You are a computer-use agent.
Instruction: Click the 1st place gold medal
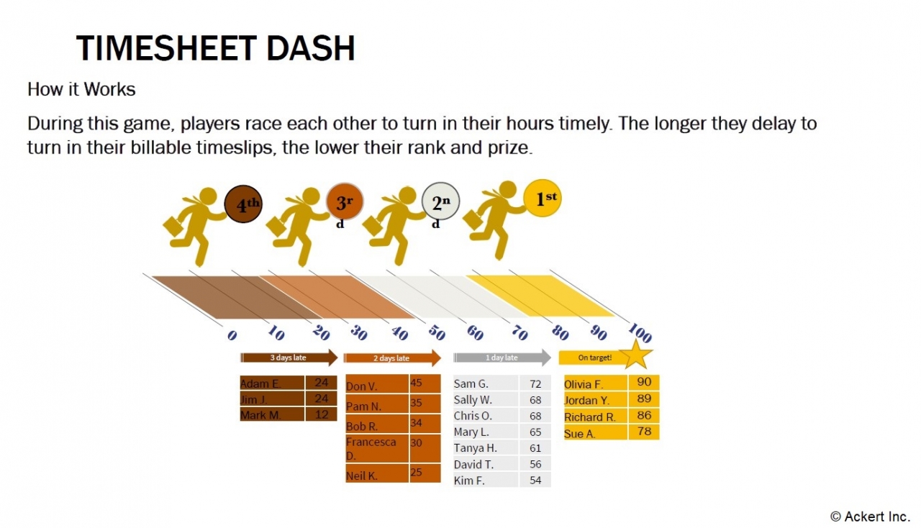point(542,198)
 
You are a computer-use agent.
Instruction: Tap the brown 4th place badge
point(242,204)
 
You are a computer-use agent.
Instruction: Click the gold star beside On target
point(635,355)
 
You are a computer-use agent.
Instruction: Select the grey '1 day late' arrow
point(502,358)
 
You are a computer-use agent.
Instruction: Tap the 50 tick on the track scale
point(436,334)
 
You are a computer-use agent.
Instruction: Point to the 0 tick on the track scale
point(232,336)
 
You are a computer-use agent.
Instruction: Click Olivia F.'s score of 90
point(644,382)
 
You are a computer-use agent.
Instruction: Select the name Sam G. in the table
point(471,384)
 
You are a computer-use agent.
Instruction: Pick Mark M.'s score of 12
point(321,414)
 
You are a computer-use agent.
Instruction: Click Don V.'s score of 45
point(417,383)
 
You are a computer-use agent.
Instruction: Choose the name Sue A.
point(580,433)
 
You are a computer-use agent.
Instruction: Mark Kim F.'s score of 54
point(535,480)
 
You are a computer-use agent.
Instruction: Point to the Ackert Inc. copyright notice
point(870,516)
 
